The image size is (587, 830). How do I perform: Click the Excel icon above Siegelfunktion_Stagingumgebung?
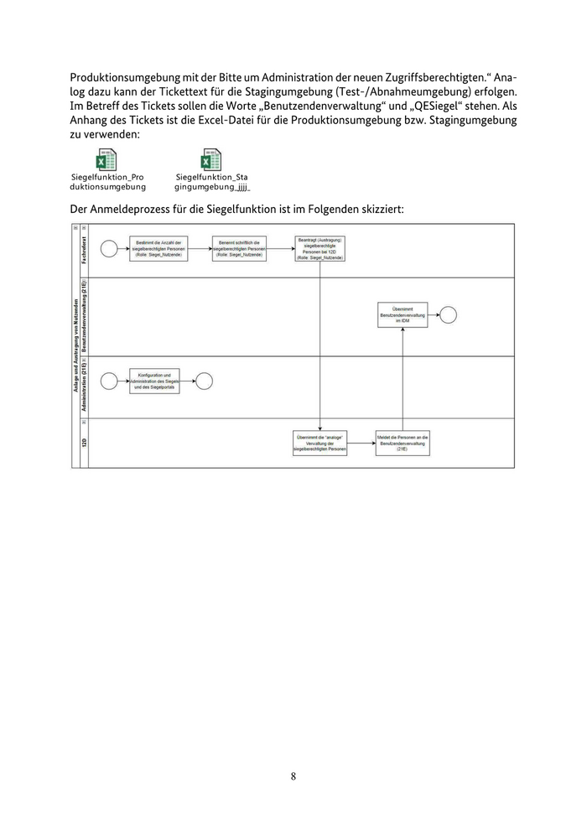[211, 160]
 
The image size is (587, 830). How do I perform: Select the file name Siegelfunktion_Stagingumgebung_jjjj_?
[211, 182]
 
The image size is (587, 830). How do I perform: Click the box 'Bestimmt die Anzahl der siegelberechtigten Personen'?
[159, 249]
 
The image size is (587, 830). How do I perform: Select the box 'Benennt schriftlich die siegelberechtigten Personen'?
[239, 249]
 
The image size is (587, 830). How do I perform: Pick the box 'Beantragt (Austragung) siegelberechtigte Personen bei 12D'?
[319, 249]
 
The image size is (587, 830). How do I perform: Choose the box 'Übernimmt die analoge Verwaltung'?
[319, 444]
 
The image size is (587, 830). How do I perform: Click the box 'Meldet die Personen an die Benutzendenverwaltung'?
[403, 444]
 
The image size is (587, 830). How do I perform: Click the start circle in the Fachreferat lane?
[108, 249]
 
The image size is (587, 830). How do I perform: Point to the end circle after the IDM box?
[449, 314]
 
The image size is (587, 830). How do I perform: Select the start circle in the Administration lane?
[108, 381]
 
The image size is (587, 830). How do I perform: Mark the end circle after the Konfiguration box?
[204, 381]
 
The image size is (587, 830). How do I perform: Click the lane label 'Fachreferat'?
[85, 250]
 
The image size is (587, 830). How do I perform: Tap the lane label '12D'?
[85, 444]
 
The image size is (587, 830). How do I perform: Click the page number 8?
[293, 776]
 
